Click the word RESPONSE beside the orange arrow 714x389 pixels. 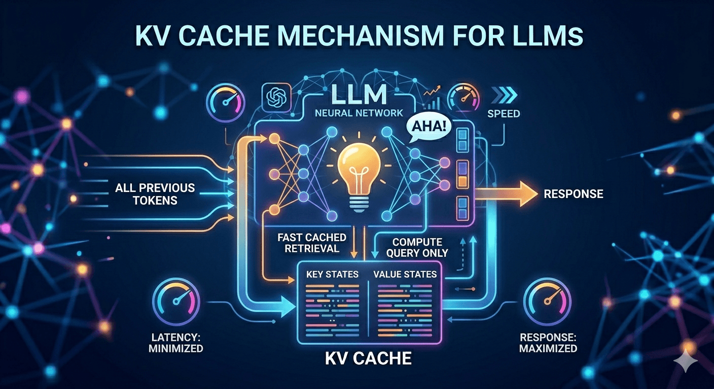click(573, 193)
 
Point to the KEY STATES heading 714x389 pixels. click(332, 274)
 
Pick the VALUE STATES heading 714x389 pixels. click(405, 274)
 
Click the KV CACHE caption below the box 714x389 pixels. click(368, 358)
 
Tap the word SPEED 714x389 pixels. click(504, 114)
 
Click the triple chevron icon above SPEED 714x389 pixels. click(503, 94)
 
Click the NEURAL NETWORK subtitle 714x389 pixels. click(359, 113)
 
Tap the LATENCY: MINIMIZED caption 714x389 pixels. click(177, 342)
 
